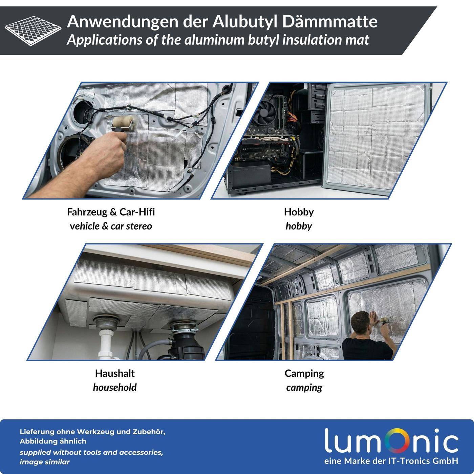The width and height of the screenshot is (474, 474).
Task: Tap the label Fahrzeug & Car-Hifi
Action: click(111, 212)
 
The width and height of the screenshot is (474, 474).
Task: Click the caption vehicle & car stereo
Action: click(111, 226)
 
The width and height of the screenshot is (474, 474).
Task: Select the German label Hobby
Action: click(299, 212)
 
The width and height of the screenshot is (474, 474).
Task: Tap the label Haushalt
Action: click(115, 373)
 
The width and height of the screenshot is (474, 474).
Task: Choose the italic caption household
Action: click(115, 388)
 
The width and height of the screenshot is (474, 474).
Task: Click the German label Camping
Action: click(304, 373)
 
